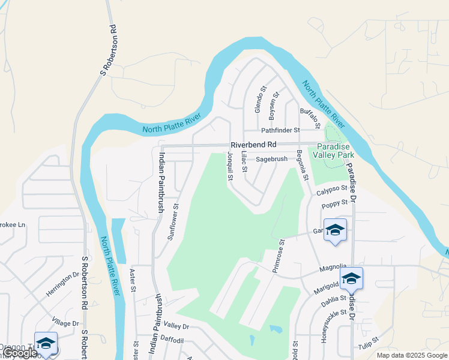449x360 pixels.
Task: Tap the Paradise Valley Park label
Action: (337, 151)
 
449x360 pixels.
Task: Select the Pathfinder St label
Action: (280, 130)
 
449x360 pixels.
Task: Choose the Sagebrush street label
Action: (272, 160)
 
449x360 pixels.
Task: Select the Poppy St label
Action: (334, 204)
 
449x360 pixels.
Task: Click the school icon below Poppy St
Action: (335, 230)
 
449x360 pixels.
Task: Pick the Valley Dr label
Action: (176, 326)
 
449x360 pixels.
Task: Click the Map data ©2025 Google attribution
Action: (412, 355)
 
